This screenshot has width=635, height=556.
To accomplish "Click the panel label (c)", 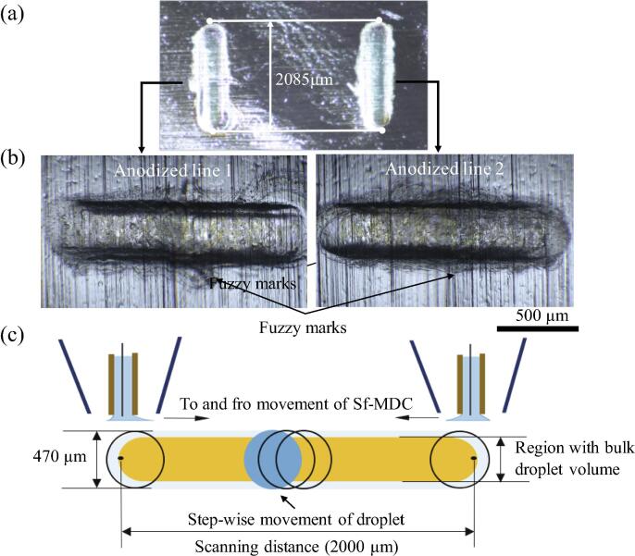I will point(14,335).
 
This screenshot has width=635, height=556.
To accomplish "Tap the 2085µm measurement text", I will point(304,80).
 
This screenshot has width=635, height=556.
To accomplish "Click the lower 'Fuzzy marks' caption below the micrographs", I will point(298,327).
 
